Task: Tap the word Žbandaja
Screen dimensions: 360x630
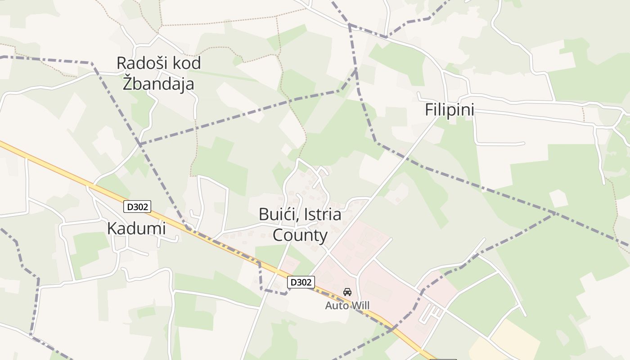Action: (x=158, y=84)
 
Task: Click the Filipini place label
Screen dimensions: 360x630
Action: (x=450, y=110)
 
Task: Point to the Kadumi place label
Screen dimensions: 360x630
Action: (x=136, y=229)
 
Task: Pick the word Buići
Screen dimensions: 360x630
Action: (x=275, y=215)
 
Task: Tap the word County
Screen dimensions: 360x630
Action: (x=300, y=235)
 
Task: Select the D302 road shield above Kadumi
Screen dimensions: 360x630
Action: (x=137, y=207)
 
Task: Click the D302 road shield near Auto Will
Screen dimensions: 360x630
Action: (x=301, y=282)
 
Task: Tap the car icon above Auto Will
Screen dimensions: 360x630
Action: (x=347, y=292)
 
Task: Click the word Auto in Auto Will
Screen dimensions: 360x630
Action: (x=337, y=306)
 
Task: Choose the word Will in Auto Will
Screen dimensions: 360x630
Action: (x=360, y=306)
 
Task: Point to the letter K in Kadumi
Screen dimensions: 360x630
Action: (x=112, y=229)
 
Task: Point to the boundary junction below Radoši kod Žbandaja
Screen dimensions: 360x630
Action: (x=140, y=144)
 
